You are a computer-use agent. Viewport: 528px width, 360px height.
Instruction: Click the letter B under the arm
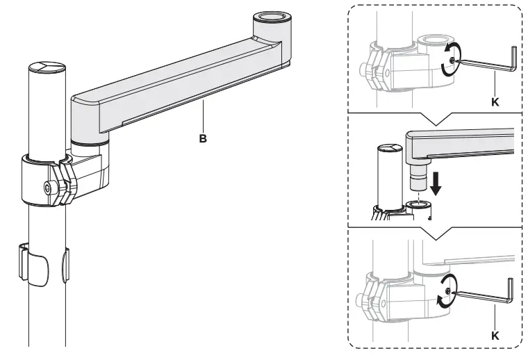pyautogui.click(x=203, y=138)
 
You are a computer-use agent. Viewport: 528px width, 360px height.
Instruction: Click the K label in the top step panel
pyautogui.click(x=495, y=101)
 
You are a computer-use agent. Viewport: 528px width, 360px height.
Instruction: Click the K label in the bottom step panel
pyautogui.click(x=495, y=335)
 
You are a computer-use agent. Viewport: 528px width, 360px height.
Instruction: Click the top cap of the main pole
pyautogui.click(x=47, y=67)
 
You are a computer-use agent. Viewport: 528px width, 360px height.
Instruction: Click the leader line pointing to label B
pyautogui.click(x=203, y=119)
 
